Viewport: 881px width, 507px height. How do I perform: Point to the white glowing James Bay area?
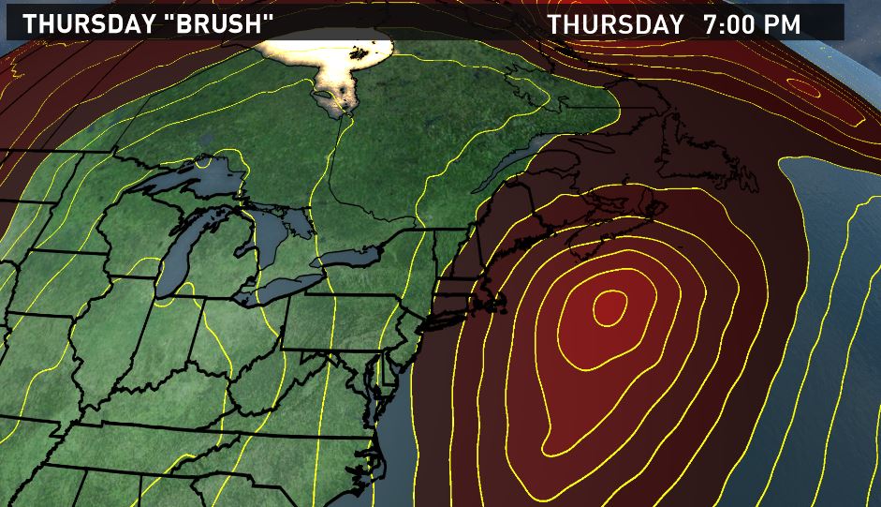pyautogui.click(x=346, y=75)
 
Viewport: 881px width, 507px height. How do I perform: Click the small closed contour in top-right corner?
pyautogui.click(x=803, y=86)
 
